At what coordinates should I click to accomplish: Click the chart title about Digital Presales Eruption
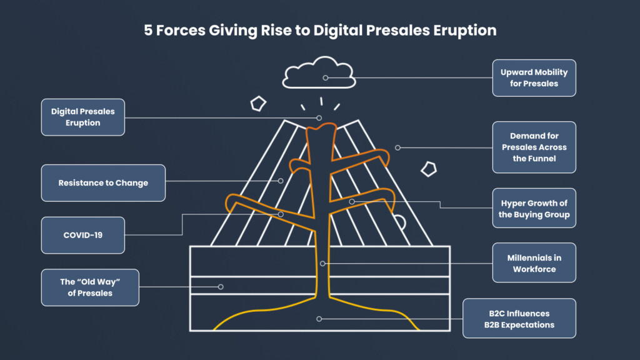(x=320, y=31)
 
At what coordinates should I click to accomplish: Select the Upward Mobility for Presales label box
(x=534, y=78)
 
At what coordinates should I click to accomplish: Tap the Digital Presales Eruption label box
(x=83, y=117)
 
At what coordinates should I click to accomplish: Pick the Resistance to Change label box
(x=103, y=183)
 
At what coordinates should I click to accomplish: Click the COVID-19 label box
(x=83, y=235)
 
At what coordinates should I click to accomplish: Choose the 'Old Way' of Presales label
(x=90, y=287)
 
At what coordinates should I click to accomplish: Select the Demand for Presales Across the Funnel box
(x=534, y=147)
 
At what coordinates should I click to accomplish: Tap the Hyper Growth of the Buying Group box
(x=534, y=208)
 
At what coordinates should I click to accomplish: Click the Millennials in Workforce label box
(x=534, y=263)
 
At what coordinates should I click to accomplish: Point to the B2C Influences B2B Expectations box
(x=519, y=319)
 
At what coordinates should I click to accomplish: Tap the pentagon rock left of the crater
(x=257, y=103)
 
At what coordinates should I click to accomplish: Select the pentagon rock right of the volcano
(x=429, y=169)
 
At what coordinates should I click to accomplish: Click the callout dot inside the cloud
(x=325, y=78)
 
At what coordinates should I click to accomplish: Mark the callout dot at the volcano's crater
(x=319, y=117)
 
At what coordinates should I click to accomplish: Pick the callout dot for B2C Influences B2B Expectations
(x=319, y=319)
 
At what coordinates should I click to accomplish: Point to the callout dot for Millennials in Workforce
(x=322, y=264)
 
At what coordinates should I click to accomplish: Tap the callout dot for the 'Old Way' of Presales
(x=221, y=287)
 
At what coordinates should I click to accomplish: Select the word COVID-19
(x=83, y=235)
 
